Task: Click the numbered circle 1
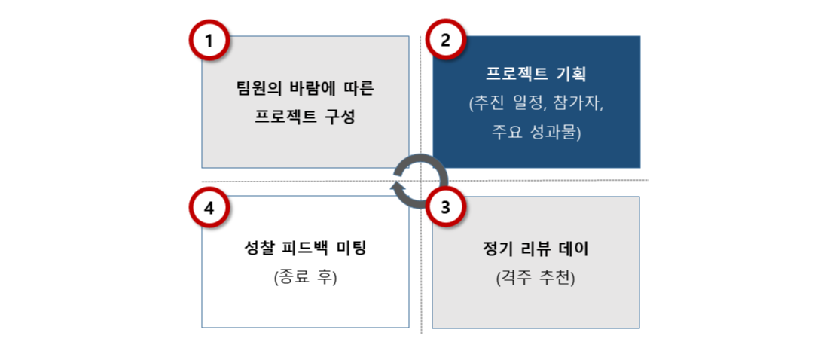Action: tap(209, 41)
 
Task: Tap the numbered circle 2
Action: tap(445, 41)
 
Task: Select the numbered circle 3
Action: tap(445, 209)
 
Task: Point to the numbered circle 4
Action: tap(209, 209)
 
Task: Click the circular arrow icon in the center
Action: tap(420, 180)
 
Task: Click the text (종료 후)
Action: tap(305, 277)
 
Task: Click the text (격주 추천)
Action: tap(536, 277)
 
